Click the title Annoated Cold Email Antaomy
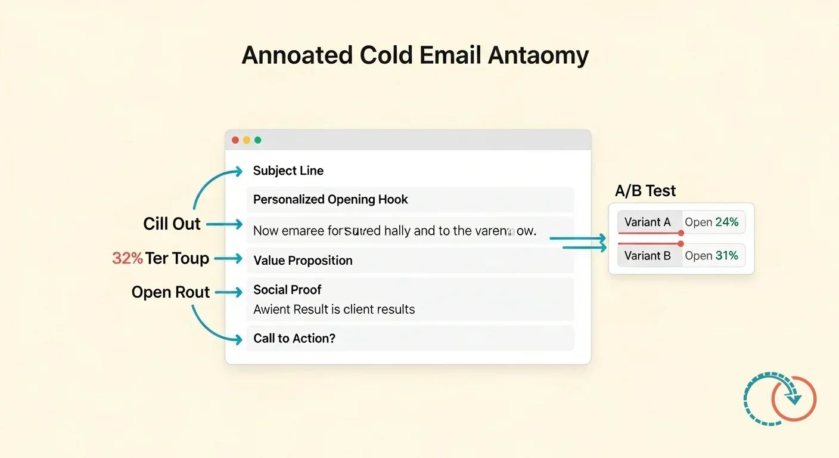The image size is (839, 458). click(x=415, y=55)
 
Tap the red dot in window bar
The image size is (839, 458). click(x=235, y=140)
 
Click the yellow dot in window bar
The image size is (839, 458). click(x=246, y=140)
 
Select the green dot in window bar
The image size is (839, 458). click(x=257, y=140)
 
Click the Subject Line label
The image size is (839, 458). click(x=288, y=171)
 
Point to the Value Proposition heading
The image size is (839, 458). click(x=303, y=260)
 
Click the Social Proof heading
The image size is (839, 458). click(x=287, y=290)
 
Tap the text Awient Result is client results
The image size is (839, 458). click(x=334, y=310)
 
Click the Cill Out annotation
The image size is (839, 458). click(x=172, y=224)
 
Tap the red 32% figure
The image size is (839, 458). click(x=127, y=258)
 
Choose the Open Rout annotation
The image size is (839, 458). click(x=170, y=292)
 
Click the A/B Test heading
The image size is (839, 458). click(x=645, y=191)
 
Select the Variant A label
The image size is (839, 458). click(x=647, y=222)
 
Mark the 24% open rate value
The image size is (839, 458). click(x=726, y=222)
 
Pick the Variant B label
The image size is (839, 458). click(x=647, y=255)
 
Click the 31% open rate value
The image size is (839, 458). click(x=726, y=255)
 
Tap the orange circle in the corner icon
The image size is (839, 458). click(x=794, y=399)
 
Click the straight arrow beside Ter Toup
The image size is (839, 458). click(x=228, y=259)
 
